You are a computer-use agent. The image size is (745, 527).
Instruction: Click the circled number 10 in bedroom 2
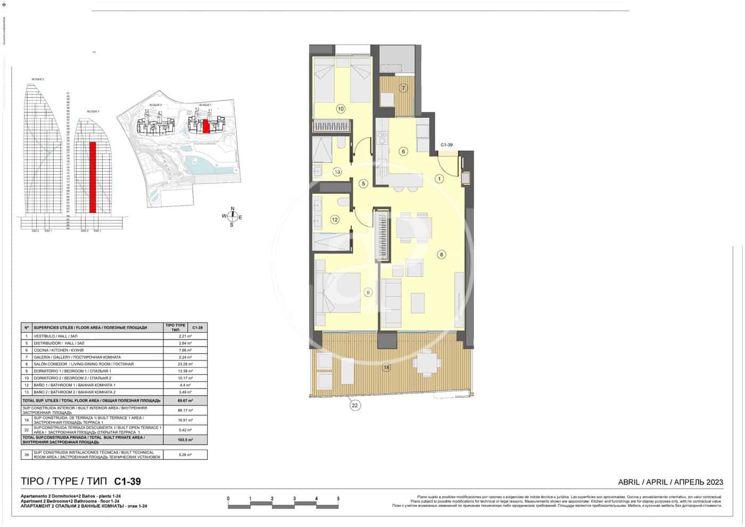click(341, 109)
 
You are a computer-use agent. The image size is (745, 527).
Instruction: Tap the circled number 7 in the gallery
click(403, 88)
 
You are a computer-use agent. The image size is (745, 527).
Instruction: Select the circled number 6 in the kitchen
click(403, 152)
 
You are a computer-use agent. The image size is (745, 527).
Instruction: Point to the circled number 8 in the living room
click(441, 254)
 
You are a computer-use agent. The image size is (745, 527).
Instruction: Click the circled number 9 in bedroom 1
click(368, 292)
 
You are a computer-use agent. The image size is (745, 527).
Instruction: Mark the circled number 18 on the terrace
click(386, 367)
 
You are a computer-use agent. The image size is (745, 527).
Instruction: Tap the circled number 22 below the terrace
click(355, 405)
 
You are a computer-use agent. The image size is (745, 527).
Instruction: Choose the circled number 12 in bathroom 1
click(335, 219)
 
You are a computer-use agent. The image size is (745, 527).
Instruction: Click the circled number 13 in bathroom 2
click(337, 171)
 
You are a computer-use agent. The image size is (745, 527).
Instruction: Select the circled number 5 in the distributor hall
click(363, 184)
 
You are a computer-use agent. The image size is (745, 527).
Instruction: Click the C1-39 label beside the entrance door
click(446, 145)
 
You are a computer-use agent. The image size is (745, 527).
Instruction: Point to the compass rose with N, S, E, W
click(232, 217)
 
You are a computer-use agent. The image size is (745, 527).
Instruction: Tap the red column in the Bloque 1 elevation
click(93, 177)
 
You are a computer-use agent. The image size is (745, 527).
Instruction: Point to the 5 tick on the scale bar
click(338, 499)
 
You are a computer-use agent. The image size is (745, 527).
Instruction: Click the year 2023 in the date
click(715, 482)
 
